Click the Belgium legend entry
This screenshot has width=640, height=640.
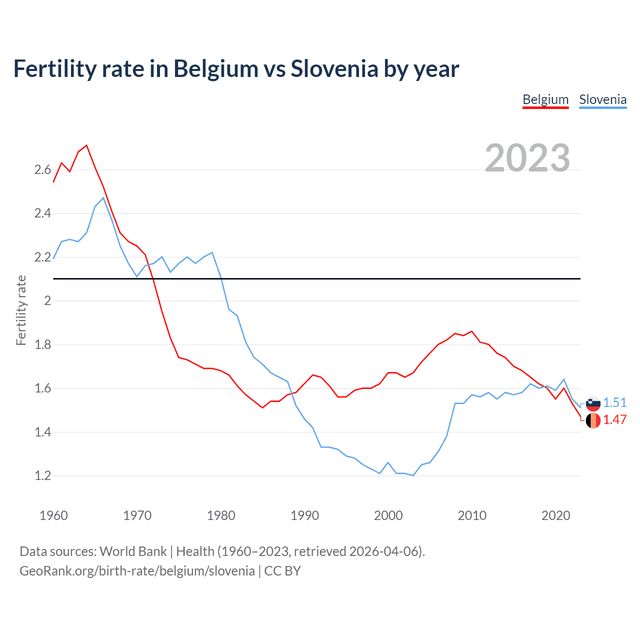pyautogui.click(x=545, y=99)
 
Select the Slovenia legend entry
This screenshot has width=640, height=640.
pyautogui.click(x=602, y=99)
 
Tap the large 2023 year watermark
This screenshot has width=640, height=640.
pyautogui.click(x=527, y=158)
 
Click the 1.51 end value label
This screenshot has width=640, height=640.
pyautogui.click(x=614, y=403)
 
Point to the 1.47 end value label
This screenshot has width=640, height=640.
pyautogui.click(x=614, y=420)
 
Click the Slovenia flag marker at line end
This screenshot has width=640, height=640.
pyautogui.click(x=593, y=403)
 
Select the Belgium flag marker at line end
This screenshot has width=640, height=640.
pyautogui.click(x=593, y=420)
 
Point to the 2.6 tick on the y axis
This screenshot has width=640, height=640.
pyautogui.click(x=43, y=170)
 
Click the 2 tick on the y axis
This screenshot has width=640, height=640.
pyautogui.click(x=47, y=301)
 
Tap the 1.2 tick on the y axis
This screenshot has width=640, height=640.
pyautogui.click(x=43, y=476)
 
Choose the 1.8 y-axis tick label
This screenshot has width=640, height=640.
pyautogui.click(x=43, y=345)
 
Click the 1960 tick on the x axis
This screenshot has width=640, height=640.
pyautogui.click(x=53, y=515)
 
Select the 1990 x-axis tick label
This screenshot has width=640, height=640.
pyautogui.click(x=304, y=515)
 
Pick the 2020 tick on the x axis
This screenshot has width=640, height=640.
pyautogui.click(x=555, y=515)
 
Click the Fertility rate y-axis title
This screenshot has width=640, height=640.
pyautogui.click(x=21, y=310)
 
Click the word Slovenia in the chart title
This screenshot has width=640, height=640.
pyautogui.click(x=334, y=69)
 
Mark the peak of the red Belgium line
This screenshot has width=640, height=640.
pyautogui.click(x=86, y=145)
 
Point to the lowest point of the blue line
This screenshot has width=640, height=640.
pyautogui.click(x=413, y=475)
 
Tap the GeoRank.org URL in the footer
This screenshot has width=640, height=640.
pyautogui.click(x=137, y=571)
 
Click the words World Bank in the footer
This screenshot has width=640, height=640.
pyautogui.click(x=133, y=551)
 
